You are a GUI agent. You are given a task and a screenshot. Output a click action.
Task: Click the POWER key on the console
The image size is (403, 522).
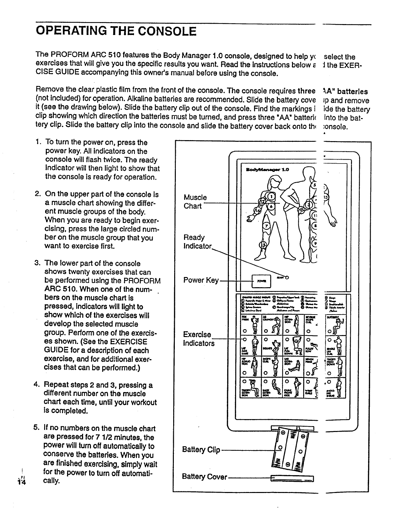(x=261, y=281)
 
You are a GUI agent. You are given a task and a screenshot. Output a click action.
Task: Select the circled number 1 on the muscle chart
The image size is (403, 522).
(x=271, y=197)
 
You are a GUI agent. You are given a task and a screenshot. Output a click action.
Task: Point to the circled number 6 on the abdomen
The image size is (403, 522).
(x=271, y=205)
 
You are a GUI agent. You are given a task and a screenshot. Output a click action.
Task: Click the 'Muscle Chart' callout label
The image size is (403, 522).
(x=195, y=202)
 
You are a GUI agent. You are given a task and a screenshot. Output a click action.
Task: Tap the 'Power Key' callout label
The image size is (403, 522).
(x=201, y=280)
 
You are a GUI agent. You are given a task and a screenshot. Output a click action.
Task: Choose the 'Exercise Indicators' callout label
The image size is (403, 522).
(x=199, y=339)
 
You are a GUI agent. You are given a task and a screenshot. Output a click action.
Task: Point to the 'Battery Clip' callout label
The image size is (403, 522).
(x=201, y=449)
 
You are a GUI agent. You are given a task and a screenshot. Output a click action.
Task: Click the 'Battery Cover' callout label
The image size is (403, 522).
(x=204, y=477)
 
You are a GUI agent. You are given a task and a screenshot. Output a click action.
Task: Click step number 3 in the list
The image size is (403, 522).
(x=37, y=263)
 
